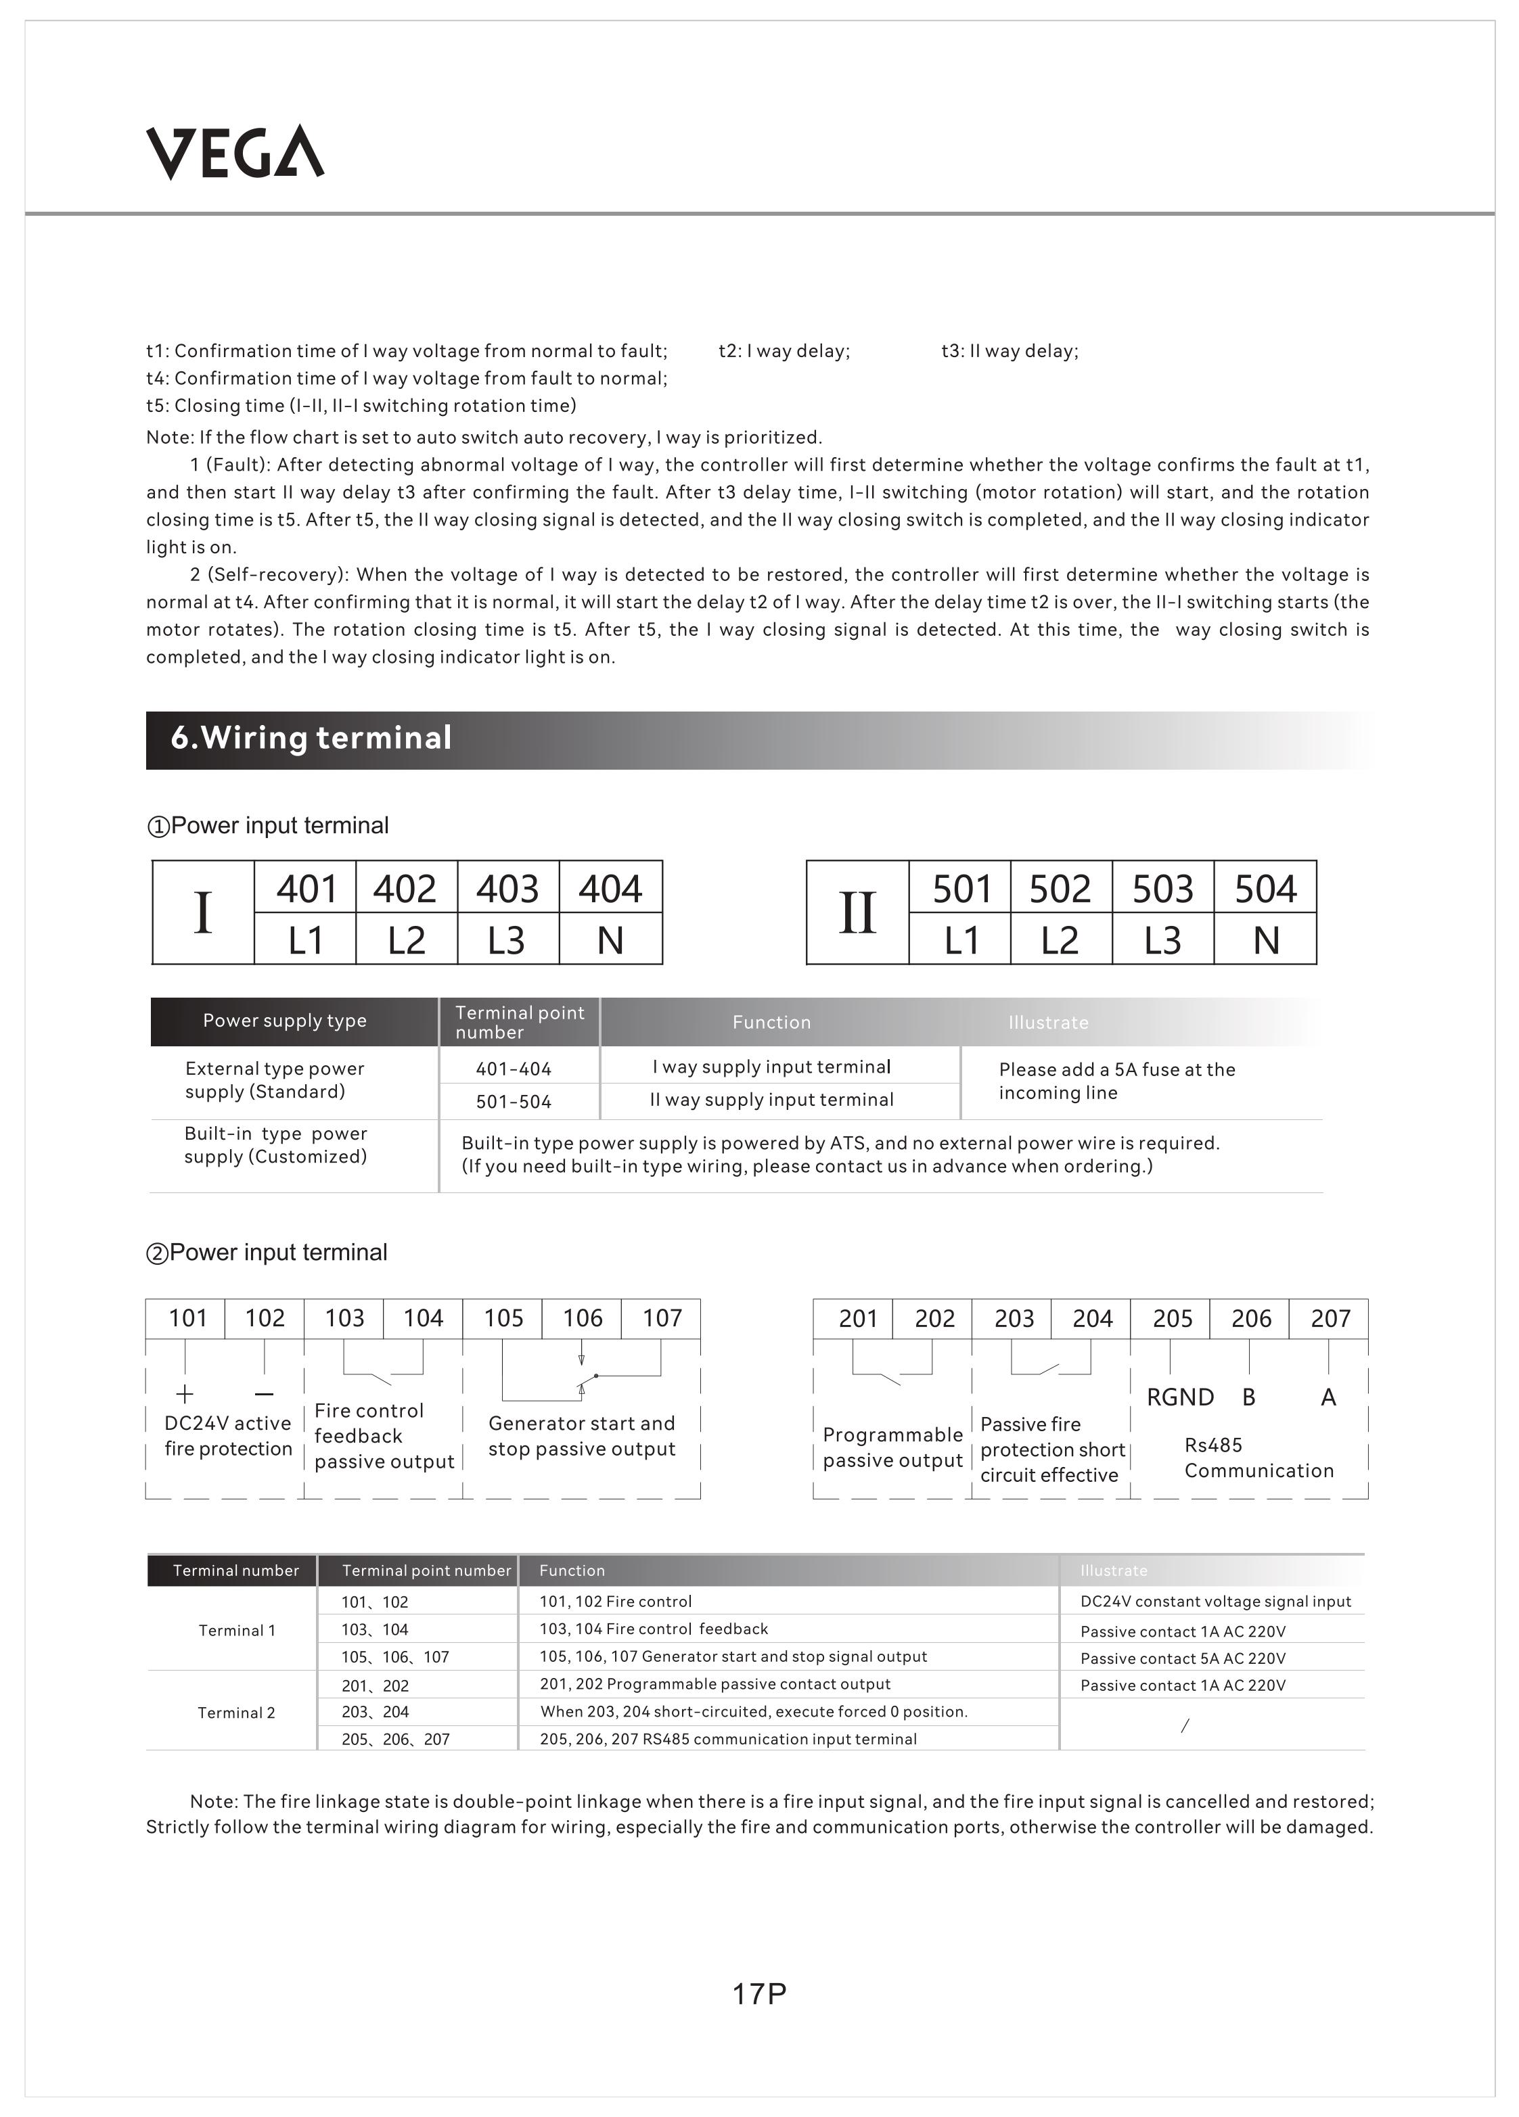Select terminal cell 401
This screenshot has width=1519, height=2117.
[305, 887]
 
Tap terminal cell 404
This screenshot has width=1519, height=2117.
[610, 887]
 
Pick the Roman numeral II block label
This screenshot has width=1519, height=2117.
[857, 913]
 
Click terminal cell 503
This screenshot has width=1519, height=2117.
[1162, 887]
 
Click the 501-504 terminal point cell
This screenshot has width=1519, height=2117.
[514, 1101]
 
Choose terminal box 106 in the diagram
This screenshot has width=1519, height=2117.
[582, 1318]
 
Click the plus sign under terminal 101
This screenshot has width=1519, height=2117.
[185, 1395]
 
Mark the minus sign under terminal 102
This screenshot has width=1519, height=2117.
[264, 1395]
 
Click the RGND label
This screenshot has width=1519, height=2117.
[1180, 1397]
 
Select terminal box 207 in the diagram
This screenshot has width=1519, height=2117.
[1330, 1318]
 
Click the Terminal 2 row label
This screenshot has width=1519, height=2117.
[236, 1712]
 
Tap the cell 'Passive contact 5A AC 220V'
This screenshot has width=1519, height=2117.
[1183, 1658]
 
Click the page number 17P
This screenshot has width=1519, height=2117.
[759, 1993]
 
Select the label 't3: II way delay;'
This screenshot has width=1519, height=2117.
[1010, 351]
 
